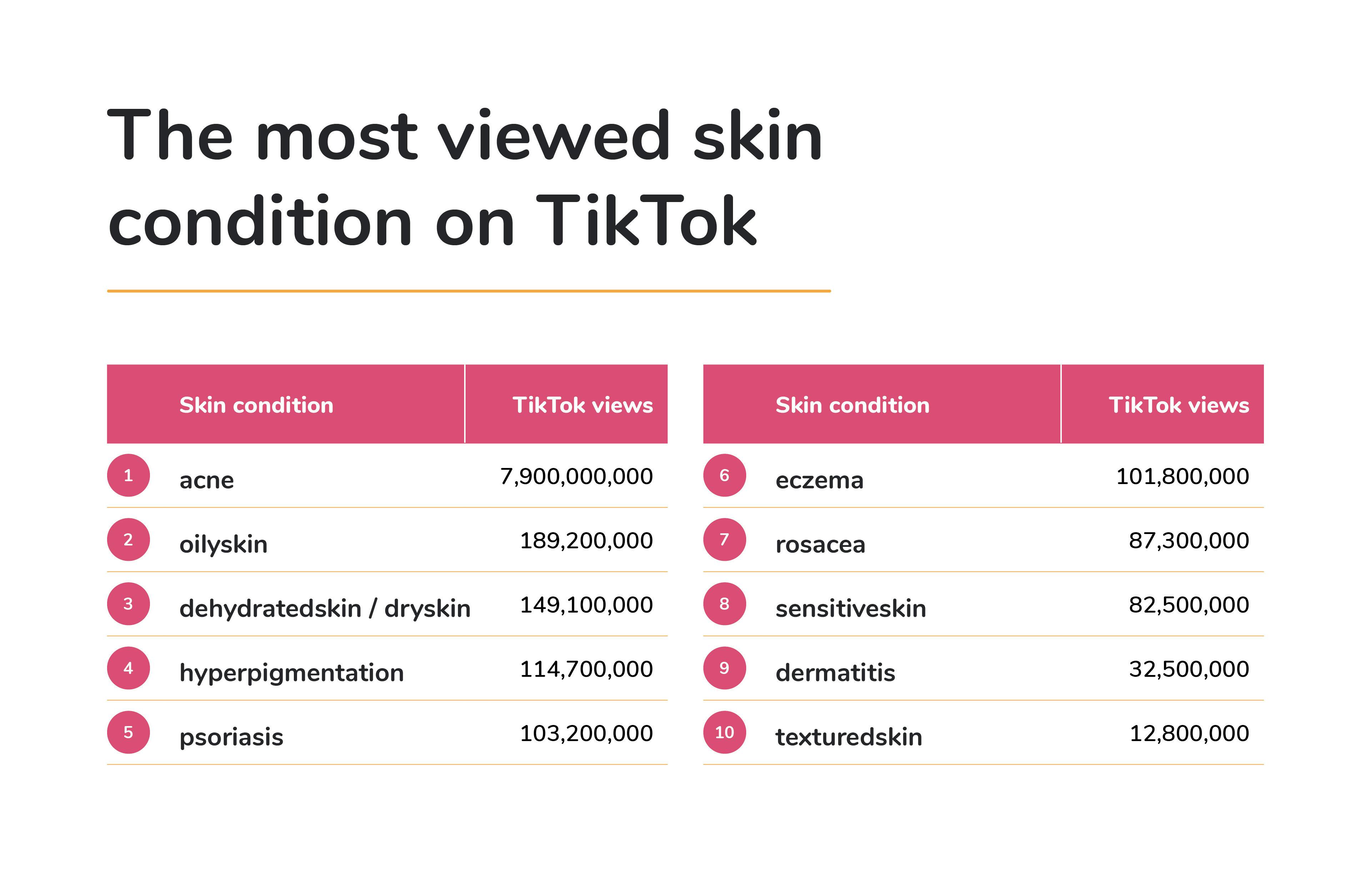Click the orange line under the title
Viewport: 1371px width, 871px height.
point(468,291)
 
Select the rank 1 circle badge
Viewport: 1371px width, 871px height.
point(128,475)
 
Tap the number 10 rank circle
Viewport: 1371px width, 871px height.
point(724,732)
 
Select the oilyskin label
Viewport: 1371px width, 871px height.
point(223,544)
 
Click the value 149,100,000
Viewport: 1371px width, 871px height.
point(587,605)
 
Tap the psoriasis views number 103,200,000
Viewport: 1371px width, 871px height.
point(587,733)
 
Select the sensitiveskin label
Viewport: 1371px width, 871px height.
point(850,608)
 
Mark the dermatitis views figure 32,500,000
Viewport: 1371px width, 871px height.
point(1189,669)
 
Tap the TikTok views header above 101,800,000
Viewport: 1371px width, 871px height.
point(1179,405)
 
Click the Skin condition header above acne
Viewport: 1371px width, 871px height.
point(256,405)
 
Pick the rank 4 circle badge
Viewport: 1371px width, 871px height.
point(128,668)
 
